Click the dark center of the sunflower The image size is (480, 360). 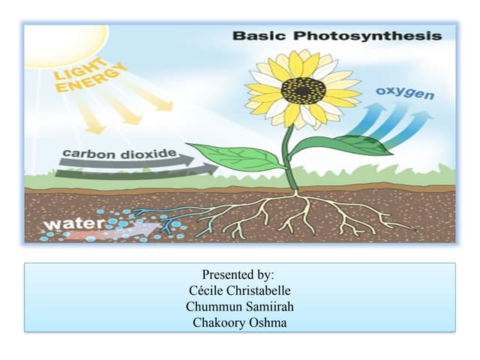pos(303,91)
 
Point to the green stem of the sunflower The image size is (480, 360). pos(289,161)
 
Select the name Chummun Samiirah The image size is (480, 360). pos(239,306)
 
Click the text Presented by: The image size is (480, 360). pos(238,275)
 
